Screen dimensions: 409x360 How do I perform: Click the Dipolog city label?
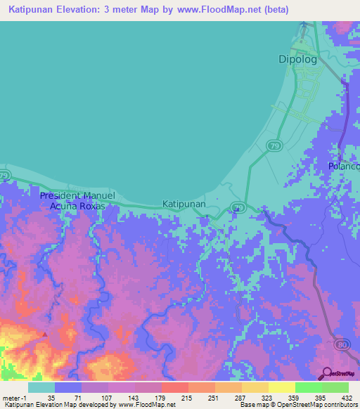click(x=295, y=60)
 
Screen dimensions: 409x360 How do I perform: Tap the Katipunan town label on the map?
click(x=184, y=204)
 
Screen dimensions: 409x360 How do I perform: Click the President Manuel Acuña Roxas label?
click(x=72, y=201)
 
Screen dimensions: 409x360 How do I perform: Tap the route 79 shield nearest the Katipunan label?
click(x=239, y=207)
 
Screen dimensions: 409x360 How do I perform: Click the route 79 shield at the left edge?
click(x=4, y=175)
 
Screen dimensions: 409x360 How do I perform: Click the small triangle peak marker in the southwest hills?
click(x=46, y=335)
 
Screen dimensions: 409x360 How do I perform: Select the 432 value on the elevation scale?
click(x=346, y=397)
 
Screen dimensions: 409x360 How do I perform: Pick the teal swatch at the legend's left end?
click(x=41, y=387)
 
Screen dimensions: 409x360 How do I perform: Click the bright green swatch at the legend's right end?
click(x=335, y=387)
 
